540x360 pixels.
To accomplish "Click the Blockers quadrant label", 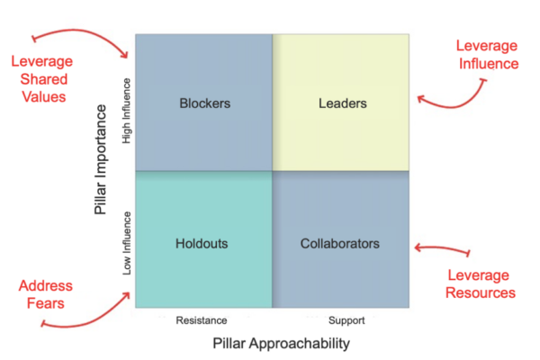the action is (x=205, y=103).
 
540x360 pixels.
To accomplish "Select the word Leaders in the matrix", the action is (x=343, y=103).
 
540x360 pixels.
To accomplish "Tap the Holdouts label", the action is (x=202, y=244).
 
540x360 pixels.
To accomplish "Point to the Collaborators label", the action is (x=340, y=244).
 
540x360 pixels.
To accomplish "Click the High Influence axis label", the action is (x=127, y=111).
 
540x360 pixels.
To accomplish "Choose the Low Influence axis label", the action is (x=127, y=243).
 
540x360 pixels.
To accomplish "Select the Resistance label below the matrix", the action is (x=202, y=320).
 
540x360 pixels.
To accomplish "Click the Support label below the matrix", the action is (x=346, y=320).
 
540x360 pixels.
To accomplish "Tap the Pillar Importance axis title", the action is (x=101, y=159).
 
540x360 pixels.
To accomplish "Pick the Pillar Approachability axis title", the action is (x=281, y=344).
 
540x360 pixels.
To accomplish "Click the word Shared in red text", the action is (x=44, y=79).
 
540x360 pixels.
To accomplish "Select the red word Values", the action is (x=44, y=97).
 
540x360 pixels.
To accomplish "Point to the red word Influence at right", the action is (x=489, y=64).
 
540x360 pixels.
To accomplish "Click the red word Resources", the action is (x=481, y=292).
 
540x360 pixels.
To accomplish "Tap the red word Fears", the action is (x=46, y=303).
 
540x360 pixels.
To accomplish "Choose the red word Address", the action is (x=46, y=286).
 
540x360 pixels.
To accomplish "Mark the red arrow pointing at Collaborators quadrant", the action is (x=443, y=247).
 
